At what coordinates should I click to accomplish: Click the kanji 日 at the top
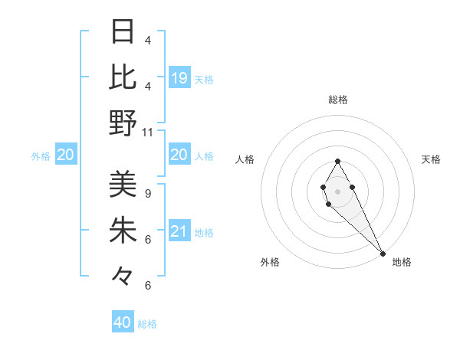pyautogui.click(x=123, y=32)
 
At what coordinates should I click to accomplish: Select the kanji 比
pyautogui.click(x=123, y=77)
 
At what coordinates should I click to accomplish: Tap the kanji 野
pyautogui.click(x=123, y=123)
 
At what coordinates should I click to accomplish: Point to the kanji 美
pyautogui.click(x=123, y=184)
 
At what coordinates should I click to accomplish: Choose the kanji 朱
pyautogui.click(x=123, y=230)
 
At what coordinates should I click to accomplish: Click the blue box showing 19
pyautogui.click(x=179, y=77)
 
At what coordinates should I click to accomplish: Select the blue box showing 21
pyautogui.click(x=179, y=231)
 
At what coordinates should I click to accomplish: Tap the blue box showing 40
pyautogui.click(x=123, y=322)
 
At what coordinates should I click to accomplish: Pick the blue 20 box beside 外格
pyautogui.click(x=65, y=155)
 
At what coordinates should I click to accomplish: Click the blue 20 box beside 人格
pyautogui.click(x=179, y=155)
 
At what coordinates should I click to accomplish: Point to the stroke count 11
pyautogui.click(x=148, y=132)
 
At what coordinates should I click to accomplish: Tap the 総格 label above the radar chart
pyautogui.click(x=338, y=100)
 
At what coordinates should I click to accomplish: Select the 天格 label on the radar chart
pyautogui.click(x=431, y=159)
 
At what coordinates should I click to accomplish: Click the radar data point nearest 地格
pyautogui.click(x=383, y=254)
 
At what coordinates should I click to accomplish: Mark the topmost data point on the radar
pyautogui.click(x=337, y=161)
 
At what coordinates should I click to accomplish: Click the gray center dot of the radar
pyautogui.click(x=337, y=191)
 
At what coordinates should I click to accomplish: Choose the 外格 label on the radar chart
pyautogui.click(x=270, y=262)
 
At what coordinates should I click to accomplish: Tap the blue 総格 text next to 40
pyautogui.click(x=147, y=324)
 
